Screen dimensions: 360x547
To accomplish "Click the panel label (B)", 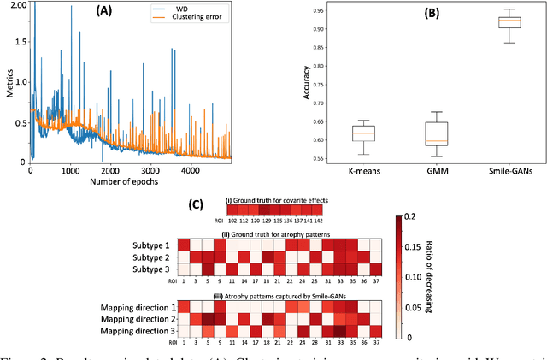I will [432, 14].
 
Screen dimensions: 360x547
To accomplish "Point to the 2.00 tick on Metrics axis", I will [15, 4].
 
